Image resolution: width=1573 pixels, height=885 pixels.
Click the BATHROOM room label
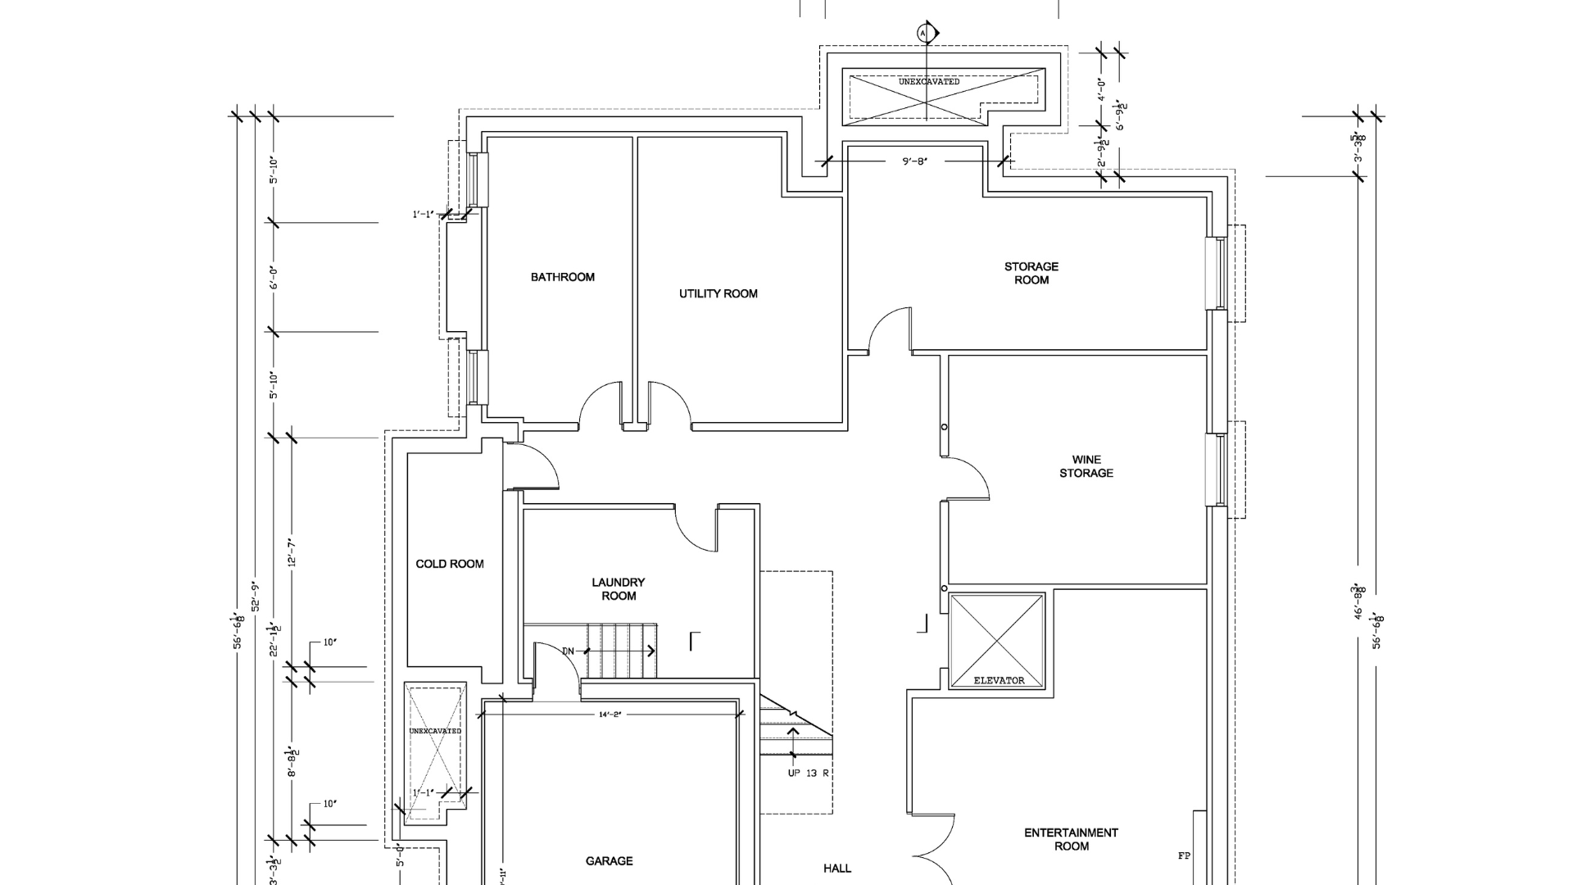[x=562, y=277]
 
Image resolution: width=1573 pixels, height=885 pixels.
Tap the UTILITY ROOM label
[x=718, y=293]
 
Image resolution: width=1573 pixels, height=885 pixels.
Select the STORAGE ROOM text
[x=1031, y=273]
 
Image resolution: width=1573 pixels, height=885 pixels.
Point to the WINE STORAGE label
[x=1086, y=466]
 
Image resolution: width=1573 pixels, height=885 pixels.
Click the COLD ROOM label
[x=449, y=564]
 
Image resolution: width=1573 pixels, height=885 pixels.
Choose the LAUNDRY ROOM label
[x=619, y=588]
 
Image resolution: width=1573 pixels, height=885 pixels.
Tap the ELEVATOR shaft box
[x=997, y=642]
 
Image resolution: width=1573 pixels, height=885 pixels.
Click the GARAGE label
[x=609, y=860]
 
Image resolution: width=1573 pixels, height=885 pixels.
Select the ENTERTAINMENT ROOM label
[x=1071, y=839]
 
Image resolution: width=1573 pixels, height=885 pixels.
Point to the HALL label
[x=836, y=868]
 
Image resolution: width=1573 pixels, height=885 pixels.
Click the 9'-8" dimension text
[x=914, y=161]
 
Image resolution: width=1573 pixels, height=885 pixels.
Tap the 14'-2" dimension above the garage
[x=610, y=715]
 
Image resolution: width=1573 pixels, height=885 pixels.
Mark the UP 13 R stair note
[x=808, y=773]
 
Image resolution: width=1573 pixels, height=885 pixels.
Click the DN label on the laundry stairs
[x=568, y=651]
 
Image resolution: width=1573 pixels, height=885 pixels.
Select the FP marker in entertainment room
[x=1183, y=855]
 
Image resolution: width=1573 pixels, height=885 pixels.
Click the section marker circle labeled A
[x=925, y=33]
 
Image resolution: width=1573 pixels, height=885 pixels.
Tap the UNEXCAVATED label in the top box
[x=928, y=82]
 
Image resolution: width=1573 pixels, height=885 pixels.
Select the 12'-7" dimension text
[x=292, y=552]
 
